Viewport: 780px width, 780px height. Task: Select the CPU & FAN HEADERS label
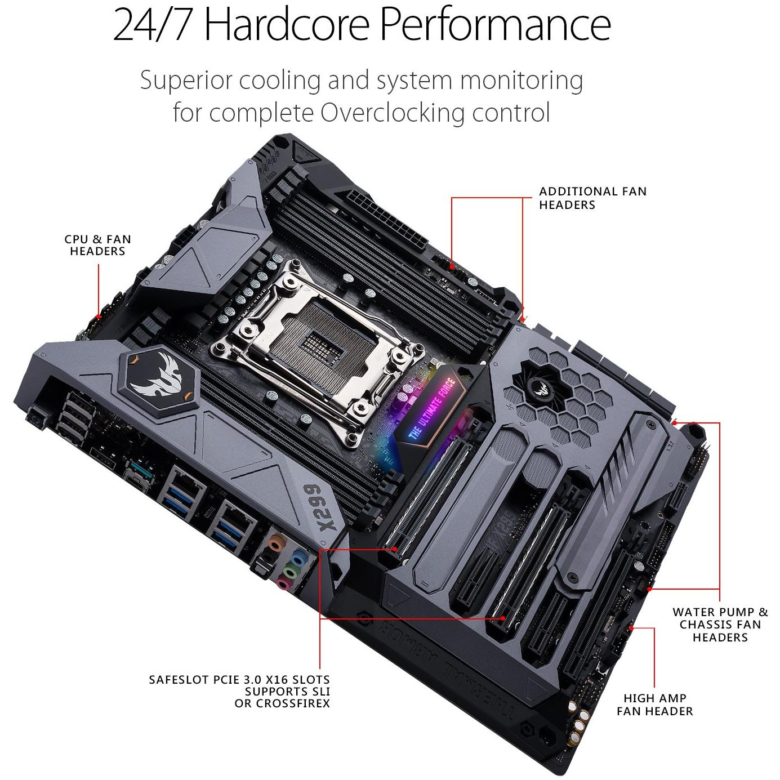point(97,245)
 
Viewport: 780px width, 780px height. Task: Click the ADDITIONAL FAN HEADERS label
point(592,198)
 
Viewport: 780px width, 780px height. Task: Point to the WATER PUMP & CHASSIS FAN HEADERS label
point(720,625)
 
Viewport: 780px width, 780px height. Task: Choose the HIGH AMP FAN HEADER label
point(654,705)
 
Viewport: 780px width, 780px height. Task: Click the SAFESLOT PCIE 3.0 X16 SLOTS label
point(239,691)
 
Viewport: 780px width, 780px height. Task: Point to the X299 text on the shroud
point(326,507)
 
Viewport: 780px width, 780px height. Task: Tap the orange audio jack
point(275,543)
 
